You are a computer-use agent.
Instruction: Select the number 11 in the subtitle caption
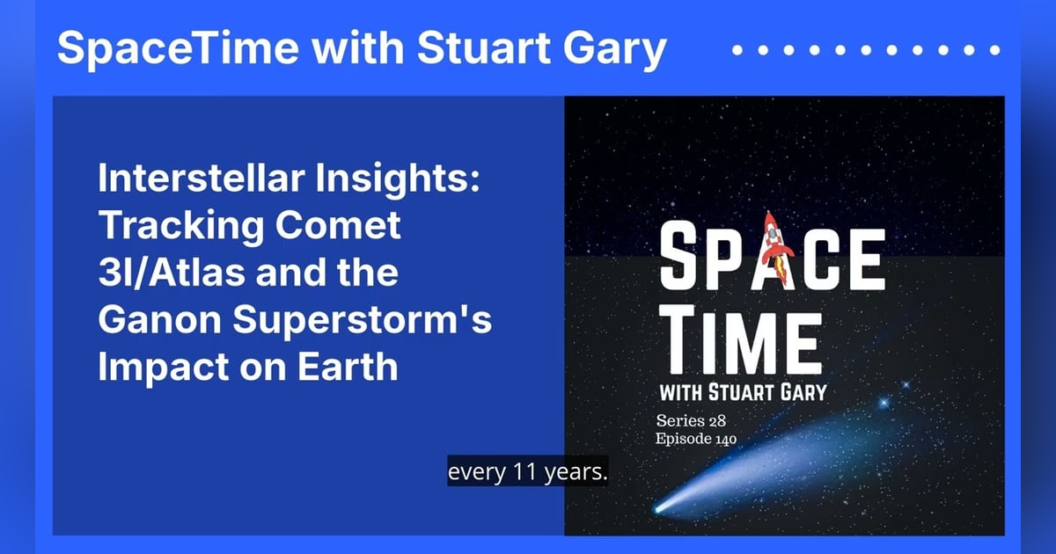(x=519, y=472)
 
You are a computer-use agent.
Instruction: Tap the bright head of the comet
(x=661, y=507)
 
